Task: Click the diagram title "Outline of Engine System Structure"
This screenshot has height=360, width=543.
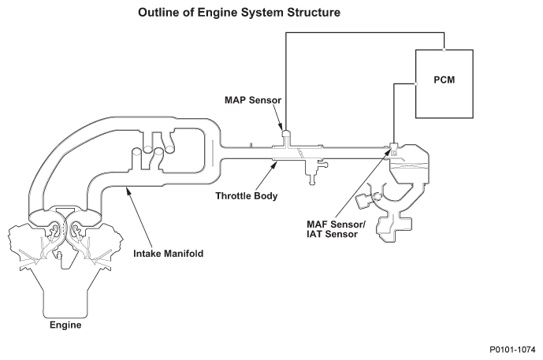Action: [x=239, y=13]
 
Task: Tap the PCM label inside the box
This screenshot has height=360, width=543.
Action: [x=444, y=80]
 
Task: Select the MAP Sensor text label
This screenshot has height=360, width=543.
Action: [x=253, y=100]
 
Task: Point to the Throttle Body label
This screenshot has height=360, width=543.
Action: [x=247, y=196]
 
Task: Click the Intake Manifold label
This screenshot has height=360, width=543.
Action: [x=169, y=254]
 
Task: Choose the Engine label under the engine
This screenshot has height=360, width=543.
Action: [x=65, y=325]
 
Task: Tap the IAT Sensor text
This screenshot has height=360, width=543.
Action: [x=332, y=234]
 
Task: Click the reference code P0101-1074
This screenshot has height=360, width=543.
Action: [x=512, y=350]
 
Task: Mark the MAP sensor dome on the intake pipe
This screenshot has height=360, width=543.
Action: [x=286, y=133]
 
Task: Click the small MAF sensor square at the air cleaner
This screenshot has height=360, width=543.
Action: [x=394, y=150]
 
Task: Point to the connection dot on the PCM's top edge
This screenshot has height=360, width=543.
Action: [x=444, y=50]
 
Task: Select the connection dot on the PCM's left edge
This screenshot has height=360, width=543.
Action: [x=415, y=84]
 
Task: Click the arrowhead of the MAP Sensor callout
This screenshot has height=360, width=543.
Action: [x=281, y=126]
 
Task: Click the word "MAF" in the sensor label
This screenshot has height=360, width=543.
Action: [x=317, y=225]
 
